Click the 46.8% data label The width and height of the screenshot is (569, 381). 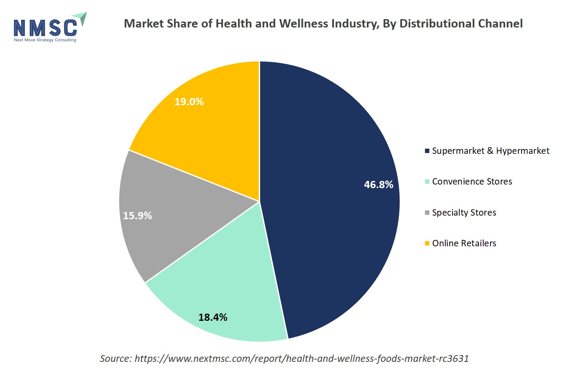(x=378, y=185)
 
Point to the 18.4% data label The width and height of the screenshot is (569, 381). (x=213, y=317)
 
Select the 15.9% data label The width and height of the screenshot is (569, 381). (x=137, y=216)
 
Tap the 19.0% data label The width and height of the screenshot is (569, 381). (x=189, y=102)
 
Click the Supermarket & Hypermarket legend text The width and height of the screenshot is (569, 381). (x=490, y=151)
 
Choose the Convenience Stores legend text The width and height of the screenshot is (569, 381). (x=472, y=182)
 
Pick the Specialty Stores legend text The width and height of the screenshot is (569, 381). (x=464, y=212)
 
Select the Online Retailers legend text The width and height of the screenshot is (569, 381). (x=464, y=243)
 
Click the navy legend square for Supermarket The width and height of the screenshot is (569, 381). (x=427, y=151)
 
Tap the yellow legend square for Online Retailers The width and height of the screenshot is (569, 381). (x=427, y=244)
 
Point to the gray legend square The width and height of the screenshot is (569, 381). (x=427, y=213)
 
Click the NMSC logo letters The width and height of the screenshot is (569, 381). (x=45, y=28)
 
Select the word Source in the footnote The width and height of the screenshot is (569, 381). (x=115, y=359)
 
